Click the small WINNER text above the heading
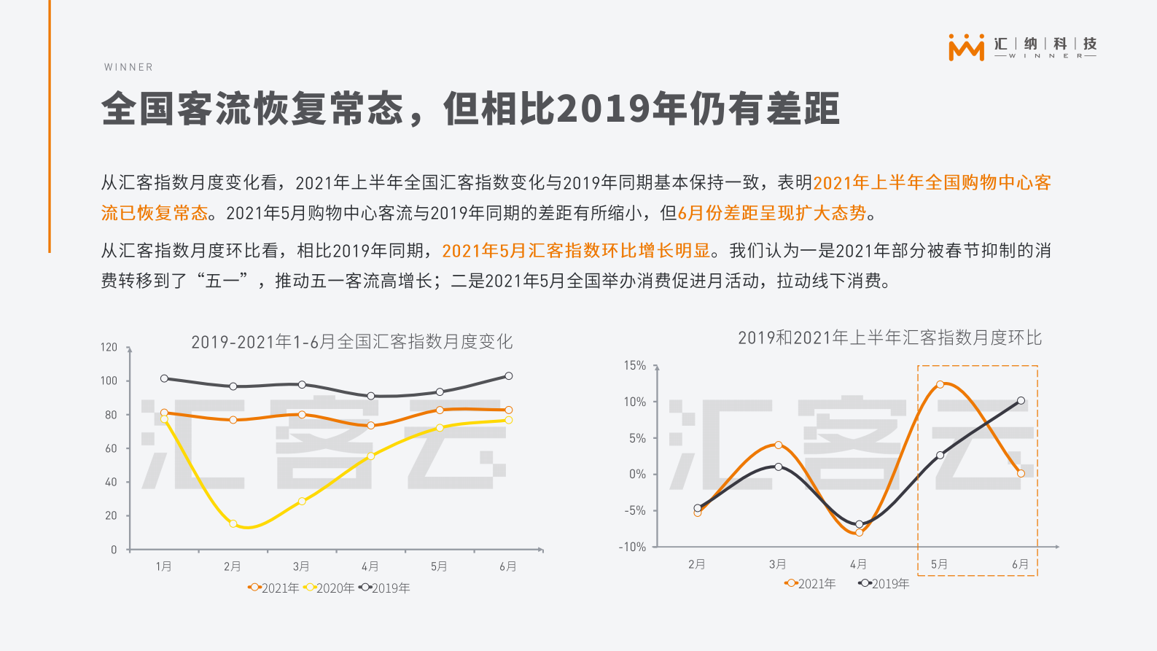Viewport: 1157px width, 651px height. [128, 67]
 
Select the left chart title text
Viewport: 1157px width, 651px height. [351, 341]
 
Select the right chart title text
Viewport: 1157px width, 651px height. [889, 338]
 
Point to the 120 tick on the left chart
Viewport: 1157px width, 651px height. [109, 347]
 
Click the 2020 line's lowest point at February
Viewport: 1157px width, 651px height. [233, 523]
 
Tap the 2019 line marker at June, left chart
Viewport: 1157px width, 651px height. [508, 376]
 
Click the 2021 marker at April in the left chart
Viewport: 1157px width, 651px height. [371, 426]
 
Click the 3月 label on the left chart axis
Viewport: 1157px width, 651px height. [301, 566]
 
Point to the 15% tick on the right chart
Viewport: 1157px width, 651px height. [634, 365]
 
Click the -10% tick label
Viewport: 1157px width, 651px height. [632, 547]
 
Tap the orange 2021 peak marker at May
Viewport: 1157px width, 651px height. [940, 384]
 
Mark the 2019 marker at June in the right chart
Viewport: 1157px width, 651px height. [1021, 400]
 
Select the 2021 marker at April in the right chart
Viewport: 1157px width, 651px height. [859, 533]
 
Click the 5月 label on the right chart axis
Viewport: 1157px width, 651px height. [939, 564]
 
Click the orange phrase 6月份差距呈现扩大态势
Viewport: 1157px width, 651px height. [771, 213]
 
